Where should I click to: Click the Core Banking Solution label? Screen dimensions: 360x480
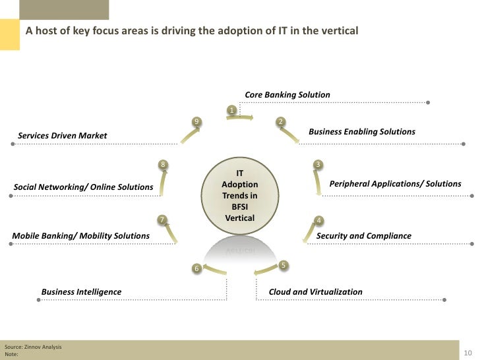point(287,95)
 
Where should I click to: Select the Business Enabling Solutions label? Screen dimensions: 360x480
point(362,132)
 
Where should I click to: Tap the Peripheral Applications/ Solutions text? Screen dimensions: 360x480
point(395,183)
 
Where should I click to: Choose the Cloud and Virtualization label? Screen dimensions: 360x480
point(315,291)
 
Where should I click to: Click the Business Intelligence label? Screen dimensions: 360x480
point(81,291)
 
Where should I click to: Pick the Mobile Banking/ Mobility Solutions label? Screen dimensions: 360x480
point(81,235)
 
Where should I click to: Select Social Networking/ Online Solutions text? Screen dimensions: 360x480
point(84,187)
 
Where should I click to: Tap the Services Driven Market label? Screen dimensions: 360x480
point(62,136)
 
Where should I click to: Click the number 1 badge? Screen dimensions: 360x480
point(231,109)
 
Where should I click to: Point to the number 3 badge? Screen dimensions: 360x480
point(318,164)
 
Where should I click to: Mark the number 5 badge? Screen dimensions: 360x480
point(283,265)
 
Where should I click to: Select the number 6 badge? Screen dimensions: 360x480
point(196,268)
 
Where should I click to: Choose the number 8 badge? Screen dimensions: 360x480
point(162,164)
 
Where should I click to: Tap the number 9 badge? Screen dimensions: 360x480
point(196,121)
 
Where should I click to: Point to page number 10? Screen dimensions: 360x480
point(470,352)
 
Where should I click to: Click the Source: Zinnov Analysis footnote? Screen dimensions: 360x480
point(34,346)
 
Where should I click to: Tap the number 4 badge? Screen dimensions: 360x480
point(318,220)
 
